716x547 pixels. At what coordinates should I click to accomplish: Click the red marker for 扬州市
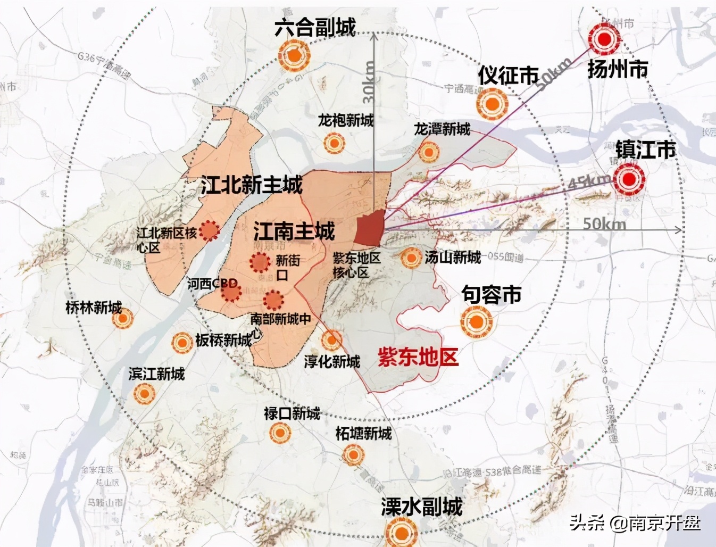click(604, 39)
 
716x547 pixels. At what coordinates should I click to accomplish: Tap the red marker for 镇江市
click(629, 179)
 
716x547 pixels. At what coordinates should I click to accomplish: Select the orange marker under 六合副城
click(294, 55)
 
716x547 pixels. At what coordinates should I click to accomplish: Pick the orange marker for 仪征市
click(492, 103)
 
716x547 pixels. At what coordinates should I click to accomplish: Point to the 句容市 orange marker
click(477, 322)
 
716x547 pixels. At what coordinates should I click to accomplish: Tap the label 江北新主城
click(252, 185)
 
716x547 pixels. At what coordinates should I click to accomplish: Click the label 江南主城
click(294, 231)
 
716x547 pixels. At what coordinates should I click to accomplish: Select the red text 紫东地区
click(418, 357)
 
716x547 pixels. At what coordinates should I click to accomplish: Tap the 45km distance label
click(589, 182)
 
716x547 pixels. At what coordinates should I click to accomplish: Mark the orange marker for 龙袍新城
click(334, 143)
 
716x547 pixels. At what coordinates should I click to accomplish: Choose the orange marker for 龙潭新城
click(428, 152)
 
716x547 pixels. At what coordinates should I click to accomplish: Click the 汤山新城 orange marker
click(411, 259)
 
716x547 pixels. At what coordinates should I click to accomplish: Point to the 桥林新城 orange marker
click(123, 319)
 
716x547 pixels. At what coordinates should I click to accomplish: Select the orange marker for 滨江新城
click(144, 394)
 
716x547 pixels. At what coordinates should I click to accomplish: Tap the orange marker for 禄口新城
click(280, 434)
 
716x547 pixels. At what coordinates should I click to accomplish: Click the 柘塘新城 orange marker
click(353, 455)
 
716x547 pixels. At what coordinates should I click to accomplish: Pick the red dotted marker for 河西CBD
click(231, 291)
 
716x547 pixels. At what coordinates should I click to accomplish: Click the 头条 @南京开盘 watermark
click(635, 523)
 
